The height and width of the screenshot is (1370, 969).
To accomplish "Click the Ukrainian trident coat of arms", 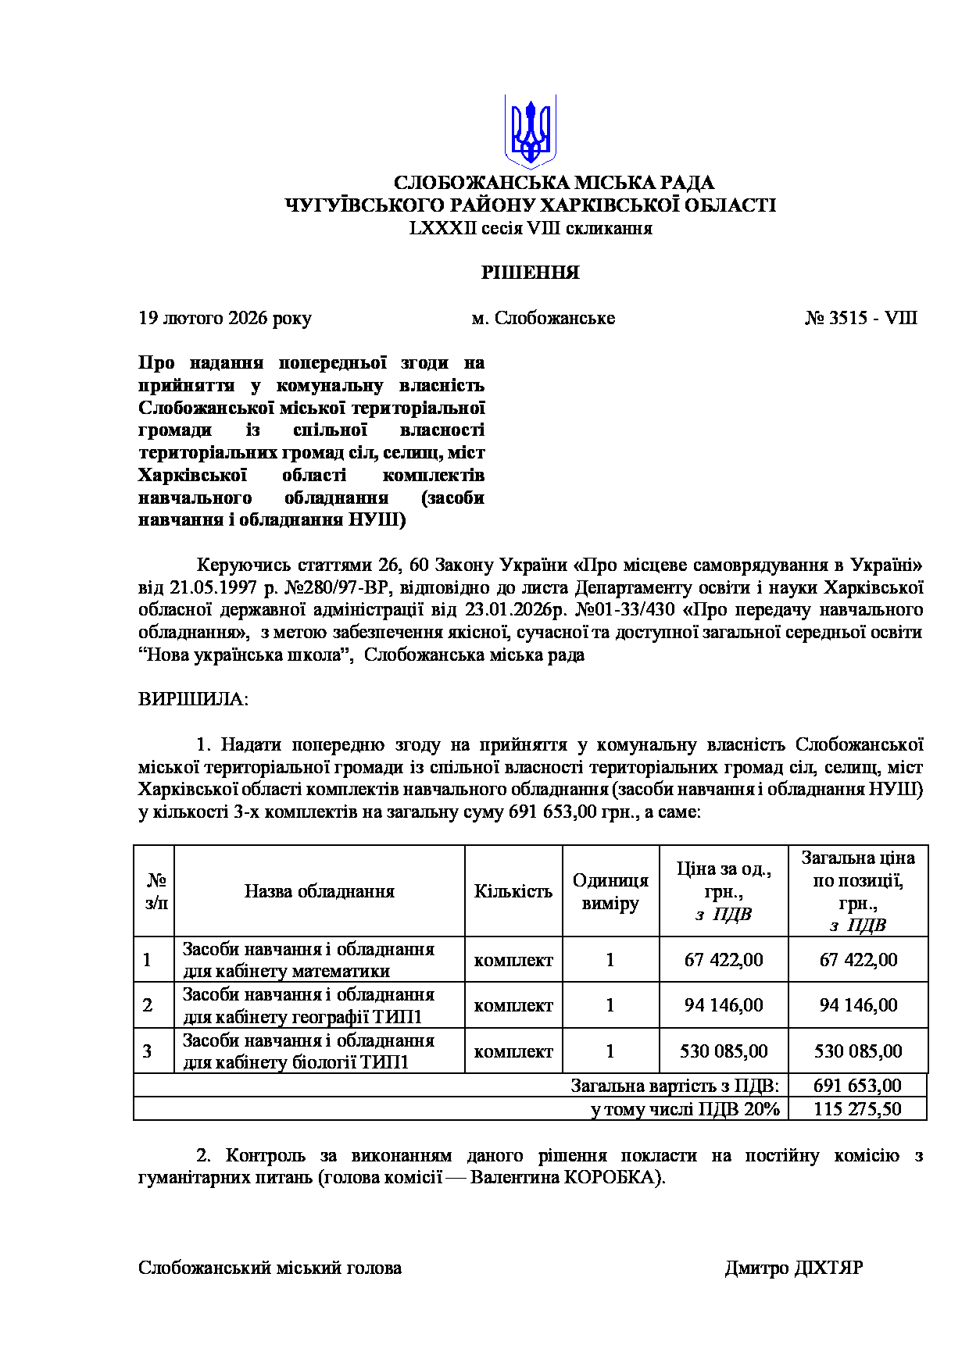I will [530, 131].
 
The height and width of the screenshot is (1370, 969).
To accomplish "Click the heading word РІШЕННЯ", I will [530, 273].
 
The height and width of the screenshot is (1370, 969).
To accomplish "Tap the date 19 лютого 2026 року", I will [225, 318].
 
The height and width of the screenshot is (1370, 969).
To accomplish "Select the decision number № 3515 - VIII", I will [861, 318].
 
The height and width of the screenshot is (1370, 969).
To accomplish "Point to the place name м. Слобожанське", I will [543, 318].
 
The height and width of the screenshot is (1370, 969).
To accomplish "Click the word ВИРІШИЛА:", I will [193, 699].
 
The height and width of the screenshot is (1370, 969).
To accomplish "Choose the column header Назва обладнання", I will [319, 891].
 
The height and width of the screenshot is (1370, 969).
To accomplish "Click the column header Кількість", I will [513, 891].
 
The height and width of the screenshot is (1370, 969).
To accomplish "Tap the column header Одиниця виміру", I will [610, 892].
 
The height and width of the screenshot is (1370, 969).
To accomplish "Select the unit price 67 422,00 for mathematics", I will [724, 960].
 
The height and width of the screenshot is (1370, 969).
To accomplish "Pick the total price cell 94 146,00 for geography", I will [858, 1005].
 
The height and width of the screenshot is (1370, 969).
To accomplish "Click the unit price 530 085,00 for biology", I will [724, 1051].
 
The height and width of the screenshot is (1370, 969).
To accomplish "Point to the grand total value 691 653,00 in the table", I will [857, 1086].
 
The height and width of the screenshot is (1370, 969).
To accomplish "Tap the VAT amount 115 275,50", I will [857, 1109].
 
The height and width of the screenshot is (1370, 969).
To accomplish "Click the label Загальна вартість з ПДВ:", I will [675, 1086].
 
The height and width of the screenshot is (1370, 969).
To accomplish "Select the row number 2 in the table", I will [148, 1005].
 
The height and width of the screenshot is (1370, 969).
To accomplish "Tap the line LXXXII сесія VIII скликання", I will [530, 229].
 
